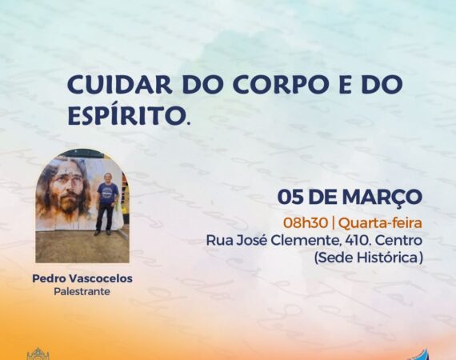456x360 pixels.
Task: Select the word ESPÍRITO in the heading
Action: point(128,115)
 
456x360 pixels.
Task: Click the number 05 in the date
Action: point(291,197)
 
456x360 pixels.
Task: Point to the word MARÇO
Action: point(382,198)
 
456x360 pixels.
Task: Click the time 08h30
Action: point(306,223)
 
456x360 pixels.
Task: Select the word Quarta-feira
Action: point(380,223)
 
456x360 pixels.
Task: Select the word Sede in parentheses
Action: point(334,258)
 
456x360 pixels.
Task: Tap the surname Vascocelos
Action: point(100,278)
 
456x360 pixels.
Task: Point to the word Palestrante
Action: point(82,291)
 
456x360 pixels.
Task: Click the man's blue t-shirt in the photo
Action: point(107,192)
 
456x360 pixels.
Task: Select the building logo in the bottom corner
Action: point(38,354)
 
